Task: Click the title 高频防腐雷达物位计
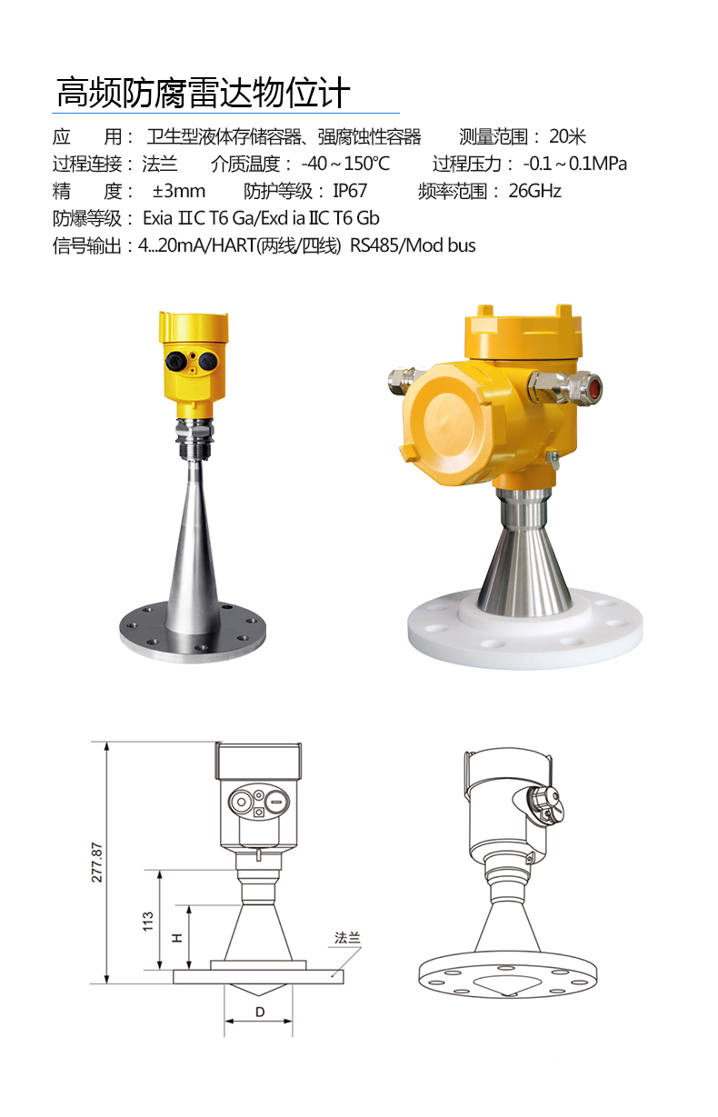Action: coord(203,93)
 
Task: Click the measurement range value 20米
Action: coord(567,136)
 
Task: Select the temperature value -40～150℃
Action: coord(345,164)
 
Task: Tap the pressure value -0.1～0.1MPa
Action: coord(575,164)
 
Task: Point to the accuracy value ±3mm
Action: coord(179,191)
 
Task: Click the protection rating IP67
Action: coord(350,191)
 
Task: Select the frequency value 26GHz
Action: coord(534,191)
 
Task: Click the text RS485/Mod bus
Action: coord(413,245)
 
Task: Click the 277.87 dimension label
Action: coord(96,863)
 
